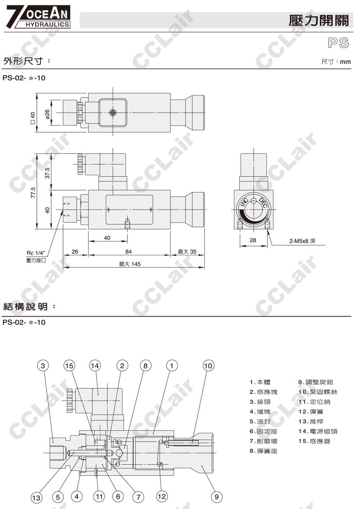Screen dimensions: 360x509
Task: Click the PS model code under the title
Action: click(338, 43)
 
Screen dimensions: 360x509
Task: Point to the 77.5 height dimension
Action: click(33, 192)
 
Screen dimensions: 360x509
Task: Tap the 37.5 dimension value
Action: click(47, 173)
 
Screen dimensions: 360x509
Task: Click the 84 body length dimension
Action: click(128, 251)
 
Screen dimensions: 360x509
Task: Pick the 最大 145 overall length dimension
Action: click(130, 264)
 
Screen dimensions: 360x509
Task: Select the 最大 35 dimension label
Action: click(187, 251)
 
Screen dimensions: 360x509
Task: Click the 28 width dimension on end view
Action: click(253, 240)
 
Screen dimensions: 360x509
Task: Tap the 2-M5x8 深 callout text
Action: click(302, 241)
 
